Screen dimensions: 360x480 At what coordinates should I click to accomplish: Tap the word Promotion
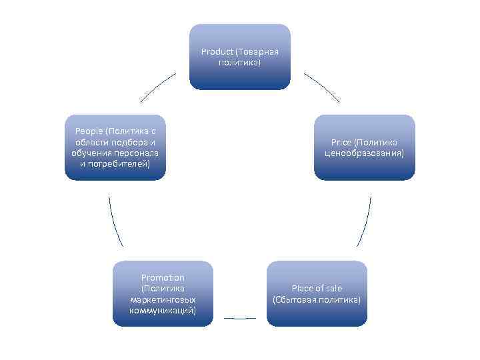tap(163, 278)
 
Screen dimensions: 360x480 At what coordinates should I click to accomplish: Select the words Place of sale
tap(317, 289)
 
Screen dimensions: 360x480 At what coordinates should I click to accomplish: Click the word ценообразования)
tap(364, 153)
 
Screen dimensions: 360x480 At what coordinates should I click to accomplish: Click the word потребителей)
tap(115, 164)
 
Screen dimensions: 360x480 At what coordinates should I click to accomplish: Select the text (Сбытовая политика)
tap(317, 300)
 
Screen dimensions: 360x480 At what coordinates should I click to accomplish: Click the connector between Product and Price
tap(323, 87)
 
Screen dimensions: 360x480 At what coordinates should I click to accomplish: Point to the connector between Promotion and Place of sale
tap(240, 318)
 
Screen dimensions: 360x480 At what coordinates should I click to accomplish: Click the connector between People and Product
tap(157, 87)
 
